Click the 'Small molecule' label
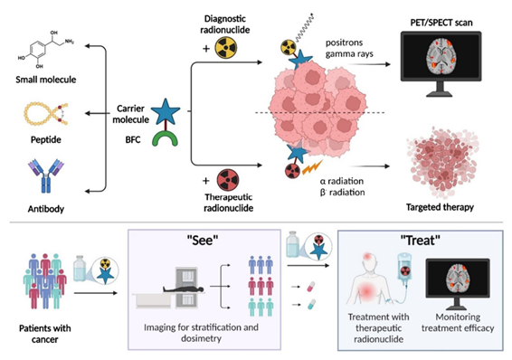point(46,80)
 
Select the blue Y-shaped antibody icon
point(46,175)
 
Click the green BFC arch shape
point(166,139)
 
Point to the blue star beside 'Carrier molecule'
point(166,111)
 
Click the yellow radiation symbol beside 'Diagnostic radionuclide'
point(225,48)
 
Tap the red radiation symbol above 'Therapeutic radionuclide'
point(228,180)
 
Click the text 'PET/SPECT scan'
point(441,23)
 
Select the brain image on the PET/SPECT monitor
point(441,56)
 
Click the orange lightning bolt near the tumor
point(312,167)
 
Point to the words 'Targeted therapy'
point(440,207)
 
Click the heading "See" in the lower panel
point(203,241)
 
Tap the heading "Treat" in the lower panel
point(421,241)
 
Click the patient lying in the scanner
point(184,289)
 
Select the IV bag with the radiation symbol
point(404,267)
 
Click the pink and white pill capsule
point(311,287)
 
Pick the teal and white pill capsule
point(311,305)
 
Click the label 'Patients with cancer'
point(44,334)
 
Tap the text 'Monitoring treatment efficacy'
point(458,323)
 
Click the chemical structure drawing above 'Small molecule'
point(46,50)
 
